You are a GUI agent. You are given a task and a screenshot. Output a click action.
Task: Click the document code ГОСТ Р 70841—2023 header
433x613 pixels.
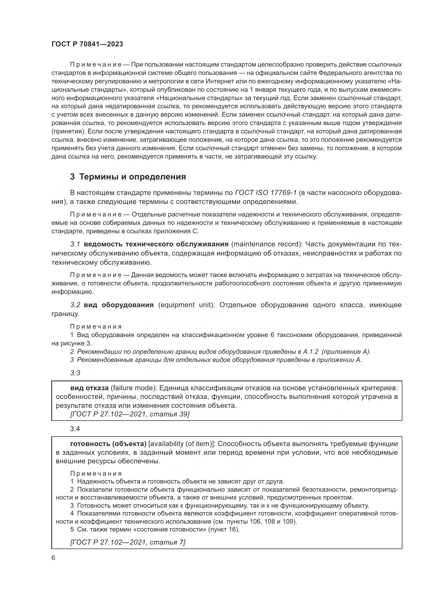87,44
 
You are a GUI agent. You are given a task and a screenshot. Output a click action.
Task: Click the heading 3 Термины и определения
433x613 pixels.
128,177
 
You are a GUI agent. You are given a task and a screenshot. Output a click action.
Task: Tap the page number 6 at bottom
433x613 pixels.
53,558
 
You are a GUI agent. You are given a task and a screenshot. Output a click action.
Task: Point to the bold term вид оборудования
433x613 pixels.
119,305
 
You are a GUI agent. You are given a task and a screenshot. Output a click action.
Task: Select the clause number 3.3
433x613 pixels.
75,373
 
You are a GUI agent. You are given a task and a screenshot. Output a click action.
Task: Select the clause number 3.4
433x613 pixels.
75,429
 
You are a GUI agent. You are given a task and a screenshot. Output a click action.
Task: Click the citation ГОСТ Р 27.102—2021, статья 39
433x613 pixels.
130,414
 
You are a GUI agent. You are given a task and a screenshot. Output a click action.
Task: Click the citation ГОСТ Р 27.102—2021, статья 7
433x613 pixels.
128,542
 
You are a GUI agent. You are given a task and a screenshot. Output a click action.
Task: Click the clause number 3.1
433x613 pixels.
75,244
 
